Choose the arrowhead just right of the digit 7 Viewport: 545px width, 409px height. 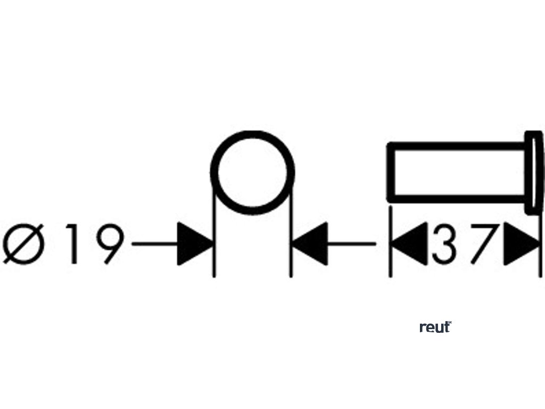pyautogui.click(x=519, y=244)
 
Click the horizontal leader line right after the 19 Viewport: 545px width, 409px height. pyautogui.click(x=154, y=244)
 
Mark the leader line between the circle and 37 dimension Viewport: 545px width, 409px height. pyautogui.click(x=351, y=244)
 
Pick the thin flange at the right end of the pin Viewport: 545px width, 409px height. pyautogui.click(x=533, y=172)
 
